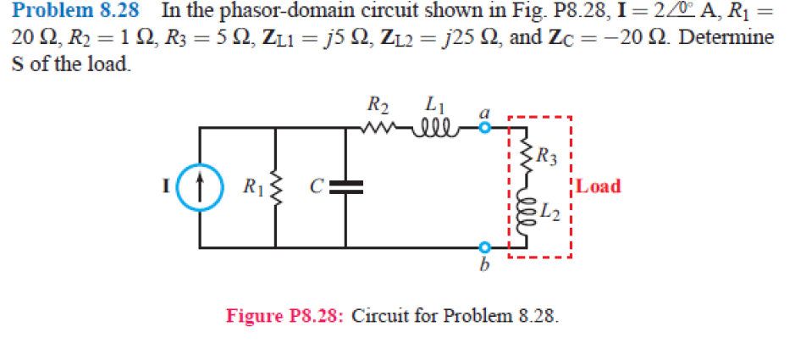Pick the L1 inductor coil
click(437, 129)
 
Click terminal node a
click(483, 129)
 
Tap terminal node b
click(483, 247)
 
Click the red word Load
click(599, 186)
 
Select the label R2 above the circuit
click(378, 107)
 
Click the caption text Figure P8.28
click(284, 317)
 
